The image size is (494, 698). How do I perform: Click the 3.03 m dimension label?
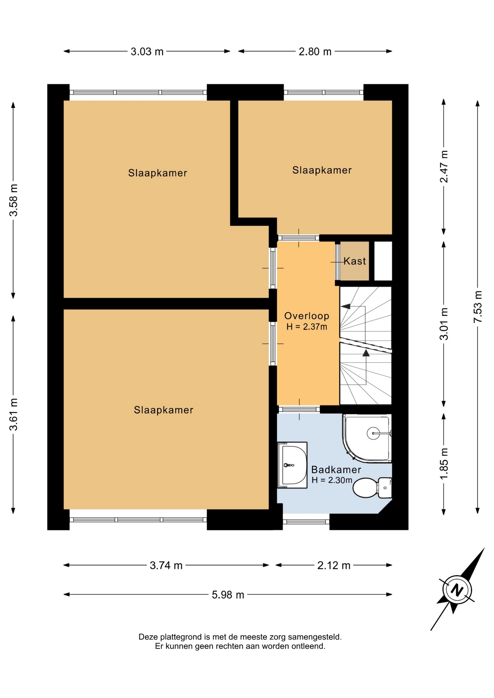147,52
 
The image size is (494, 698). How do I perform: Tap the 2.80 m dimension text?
315,52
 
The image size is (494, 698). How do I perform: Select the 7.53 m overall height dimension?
478,307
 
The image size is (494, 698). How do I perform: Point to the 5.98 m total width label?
228,595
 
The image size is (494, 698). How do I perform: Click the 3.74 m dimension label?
166,565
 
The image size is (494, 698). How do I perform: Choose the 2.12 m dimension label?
334,565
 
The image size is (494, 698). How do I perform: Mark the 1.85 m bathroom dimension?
444,464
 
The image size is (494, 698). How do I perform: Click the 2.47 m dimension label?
444,167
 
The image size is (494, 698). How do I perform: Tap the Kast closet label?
355,261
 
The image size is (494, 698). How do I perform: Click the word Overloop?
307,316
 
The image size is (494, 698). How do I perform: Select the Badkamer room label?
336,470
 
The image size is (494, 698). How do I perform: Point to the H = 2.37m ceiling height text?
307,327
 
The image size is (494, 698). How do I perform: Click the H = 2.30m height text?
332,480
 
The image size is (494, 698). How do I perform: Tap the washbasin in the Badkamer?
292,465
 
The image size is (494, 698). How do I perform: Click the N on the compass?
457,590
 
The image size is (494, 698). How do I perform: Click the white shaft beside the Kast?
383,261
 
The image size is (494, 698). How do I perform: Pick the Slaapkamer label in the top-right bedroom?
322,170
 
